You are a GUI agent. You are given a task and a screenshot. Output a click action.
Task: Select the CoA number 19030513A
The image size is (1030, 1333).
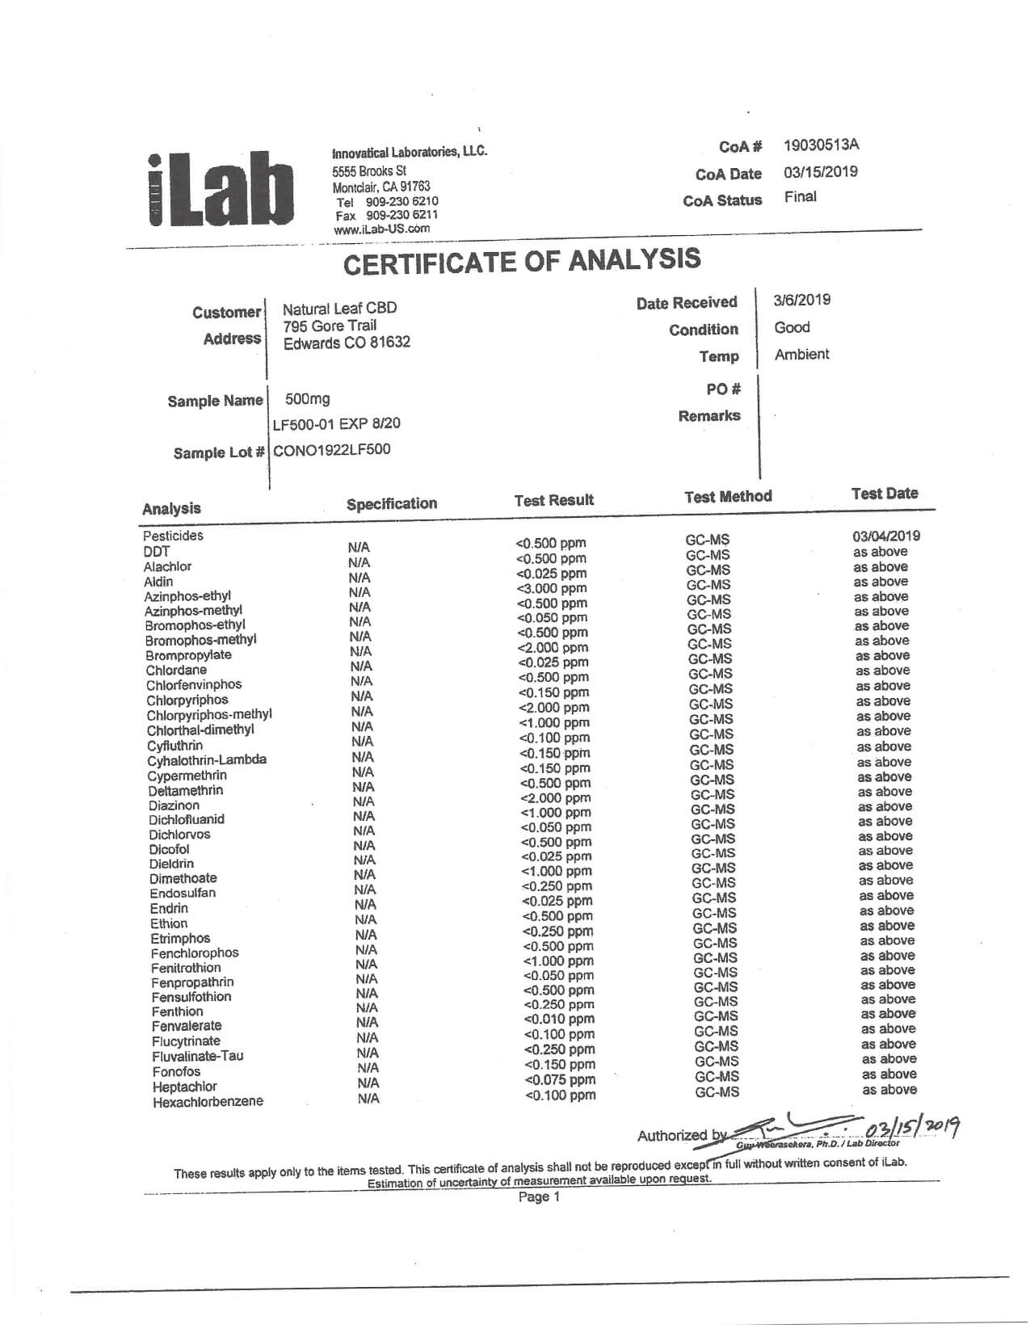point(821,145)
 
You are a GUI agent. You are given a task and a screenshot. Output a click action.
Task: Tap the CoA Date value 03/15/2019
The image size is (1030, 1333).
point(820,172)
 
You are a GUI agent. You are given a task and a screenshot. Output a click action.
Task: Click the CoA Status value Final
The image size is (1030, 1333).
point(800,197)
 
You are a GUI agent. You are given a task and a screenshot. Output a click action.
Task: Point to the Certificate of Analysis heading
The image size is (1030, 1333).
point(522,261)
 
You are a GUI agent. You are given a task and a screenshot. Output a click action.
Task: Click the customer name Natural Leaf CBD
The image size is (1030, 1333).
point(339,309)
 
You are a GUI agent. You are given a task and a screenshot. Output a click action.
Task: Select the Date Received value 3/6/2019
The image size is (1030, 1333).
point(801,301)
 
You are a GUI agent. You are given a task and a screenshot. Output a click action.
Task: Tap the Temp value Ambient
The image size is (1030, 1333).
point(801,355)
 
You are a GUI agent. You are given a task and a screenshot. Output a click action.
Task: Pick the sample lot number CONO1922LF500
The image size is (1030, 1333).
point(331,450)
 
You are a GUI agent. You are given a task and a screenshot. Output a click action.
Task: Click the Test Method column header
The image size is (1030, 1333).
point(728,497)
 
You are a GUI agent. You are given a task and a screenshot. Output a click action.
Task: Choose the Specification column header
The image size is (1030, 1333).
point(392,504)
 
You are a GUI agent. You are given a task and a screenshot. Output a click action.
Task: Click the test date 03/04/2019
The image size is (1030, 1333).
point(885,536)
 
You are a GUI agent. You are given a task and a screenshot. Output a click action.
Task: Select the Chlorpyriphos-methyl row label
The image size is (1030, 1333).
point(209,715)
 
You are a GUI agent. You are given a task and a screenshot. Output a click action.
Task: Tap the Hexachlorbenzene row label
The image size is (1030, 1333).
point(208,1102)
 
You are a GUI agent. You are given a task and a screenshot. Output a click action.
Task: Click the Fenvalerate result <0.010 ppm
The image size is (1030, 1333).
point(559,1020)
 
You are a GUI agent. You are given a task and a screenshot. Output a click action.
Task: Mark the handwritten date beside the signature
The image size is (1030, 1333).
point(912,1126)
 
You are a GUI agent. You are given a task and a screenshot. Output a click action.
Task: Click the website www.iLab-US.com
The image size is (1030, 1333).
point(381,229)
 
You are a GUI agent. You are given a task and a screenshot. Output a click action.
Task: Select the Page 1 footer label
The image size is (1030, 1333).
point(539,1197)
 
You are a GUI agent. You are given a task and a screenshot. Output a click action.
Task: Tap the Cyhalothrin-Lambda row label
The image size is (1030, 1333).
point(207,760)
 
